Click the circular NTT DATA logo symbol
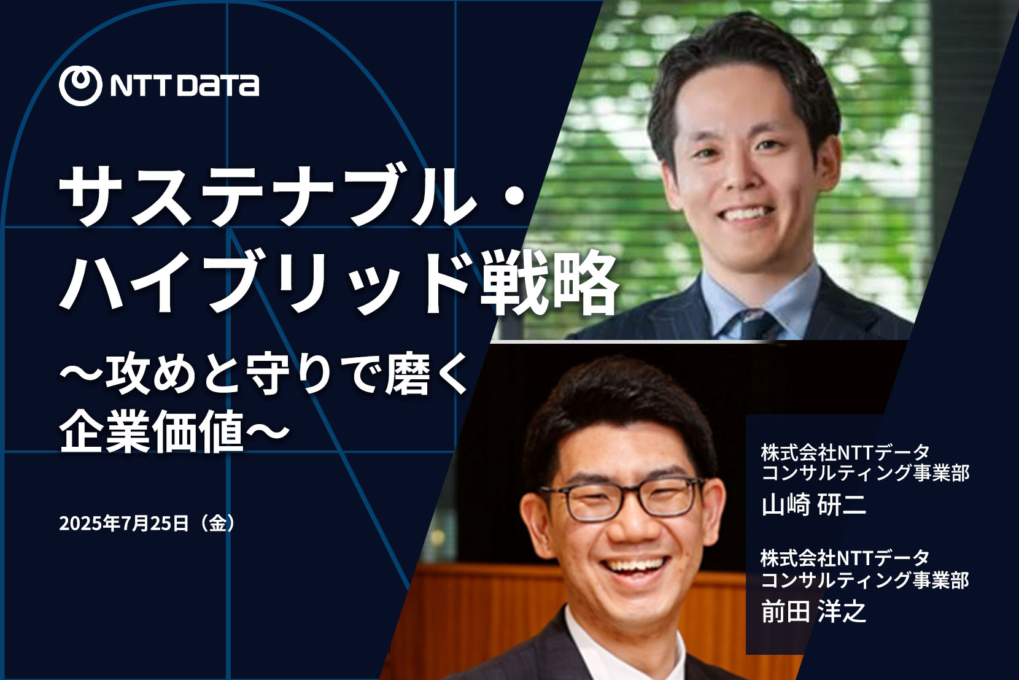coord(80,85)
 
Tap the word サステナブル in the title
coord(268,196)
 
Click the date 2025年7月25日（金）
coord(147,523)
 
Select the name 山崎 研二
coord(814,505)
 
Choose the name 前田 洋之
coord(814,611)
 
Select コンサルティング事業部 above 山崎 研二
coord(866,473)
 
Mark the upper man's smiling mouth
coord(748,214)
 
